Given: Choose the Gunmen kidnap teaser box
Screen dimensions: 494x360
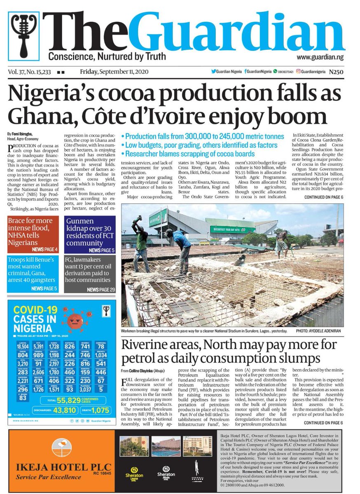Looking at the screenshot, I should click(x=90, y=231).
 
